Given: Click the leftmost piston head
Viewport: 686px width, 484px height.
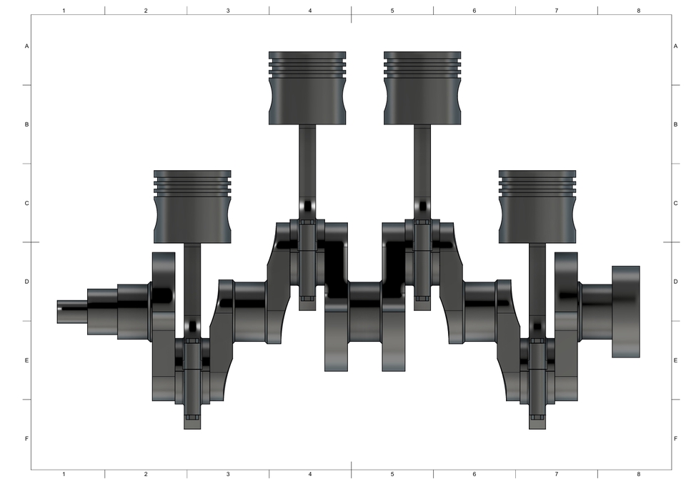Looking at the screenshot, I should [193, 206].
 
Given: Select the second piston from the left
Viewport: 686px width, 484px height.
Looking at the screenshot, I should [307, 87].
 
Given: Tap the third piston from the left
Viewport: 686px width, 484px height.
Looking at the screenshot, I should [422, 87].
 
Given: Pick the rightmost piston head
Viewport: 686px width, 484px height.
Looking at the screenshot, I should [537, 206].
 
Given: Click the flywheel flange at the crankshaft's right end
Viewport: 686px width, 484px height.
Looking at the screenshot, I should [625, 312].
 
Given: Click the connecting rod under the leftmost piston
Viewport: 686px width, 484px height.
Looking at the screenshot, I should [192, 286].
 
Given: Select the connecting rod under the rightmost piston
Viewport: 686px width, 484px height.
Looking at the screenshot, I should [537, 286].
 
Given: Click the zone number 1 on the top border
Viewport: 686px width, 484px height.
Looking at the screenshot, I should [64, 11].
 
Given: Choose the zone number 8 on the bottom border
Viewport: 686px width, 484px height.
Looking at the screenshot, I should [638, 474].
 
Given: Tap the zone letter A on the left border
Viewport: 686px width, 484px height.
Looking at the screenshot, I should [27, 46].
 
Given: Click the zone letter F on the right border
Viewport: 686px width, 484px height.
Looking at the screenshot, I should [675, 438].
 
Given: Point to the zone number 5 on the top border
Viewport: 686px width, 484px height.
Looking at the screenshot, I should [392, 11].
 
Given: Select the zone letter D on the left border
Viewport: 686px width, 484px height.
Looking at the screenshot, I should [27, 282].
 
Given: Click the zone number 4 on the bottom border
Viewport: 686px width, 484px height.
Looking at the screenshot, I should [310, 474].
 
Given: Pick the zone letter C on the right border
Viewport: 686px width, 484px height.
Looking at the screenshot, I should [675, 203].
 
